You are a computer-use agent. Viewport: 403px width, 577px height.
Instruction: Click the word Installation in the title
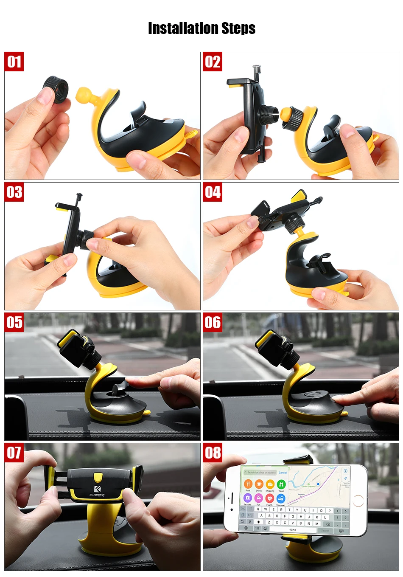(184, 28)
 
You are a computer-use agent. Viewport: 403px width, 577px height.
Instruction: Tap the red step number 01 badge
(14, 62)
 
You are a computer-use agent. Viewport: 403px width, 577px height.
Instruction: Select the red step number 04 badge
(213, 192)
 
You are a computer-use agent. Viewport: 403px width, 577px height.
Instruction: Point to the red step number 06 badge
(213, 323)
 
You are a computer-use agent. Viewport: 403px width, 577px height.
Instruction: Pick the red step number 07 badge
(14, 453)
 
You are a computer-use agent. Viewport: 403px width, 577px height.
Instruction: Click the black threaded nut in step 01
(56, 89)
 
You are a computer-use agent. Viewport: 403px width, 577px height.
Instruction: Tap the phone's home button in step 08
(358, 500)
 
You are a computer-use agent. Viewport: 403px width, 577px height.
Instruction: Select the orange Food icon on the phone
(248, 484)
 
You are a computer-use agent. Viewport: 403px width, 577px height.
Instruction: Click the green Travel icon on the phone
(281, 484)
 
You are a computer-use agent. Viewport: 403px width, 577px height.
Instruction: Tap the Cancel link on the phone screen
(283, 472)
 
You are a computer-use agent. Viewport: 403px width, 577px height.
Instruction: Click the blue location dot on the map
(318, 484)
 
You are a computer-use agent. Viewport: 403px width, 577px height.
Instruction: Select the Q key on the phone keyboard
(258, 509)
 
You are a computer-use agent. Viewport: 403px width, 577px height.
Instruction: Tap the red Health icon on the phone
(269, 498)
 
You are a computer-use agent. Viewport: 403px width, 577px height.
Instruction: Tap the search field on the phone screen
(260, 472)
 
